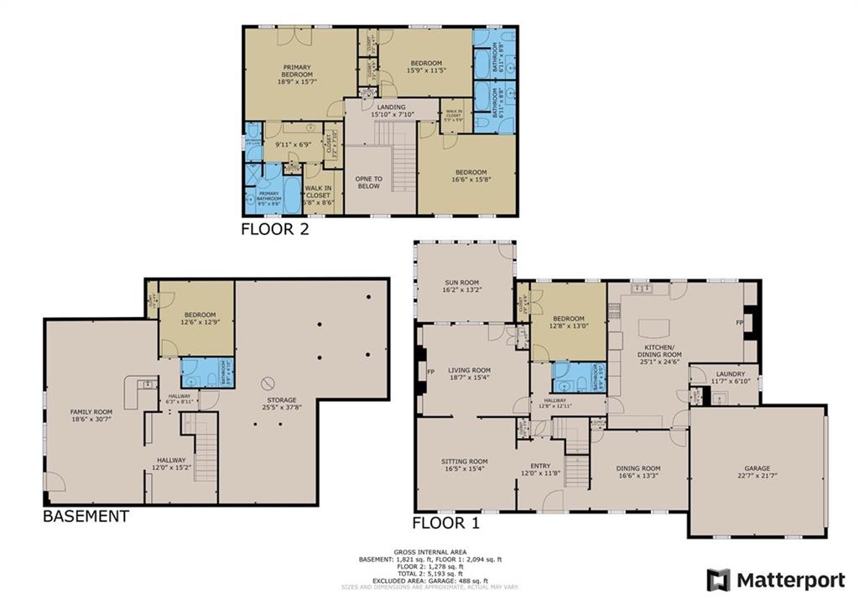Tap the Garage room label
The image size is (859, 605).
coord(757,468)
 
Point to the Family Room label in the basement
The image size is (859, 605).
coord(91,412)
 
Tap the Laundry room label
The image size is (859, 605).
coord(729,375)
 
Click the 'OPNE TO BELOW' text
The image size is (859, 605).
coord(368,181)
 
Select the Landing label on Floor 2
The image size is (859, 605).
coord(391,107)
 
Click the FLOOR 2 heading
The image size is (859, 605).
coord(275,228)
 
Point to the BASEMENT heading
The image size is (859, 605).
coord(86,516)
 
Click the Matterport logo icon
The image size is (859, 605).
coord(718,580)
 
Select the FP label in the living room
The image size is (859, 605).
coord(431,372)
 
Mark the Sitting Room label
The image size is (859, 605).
coord(465,462)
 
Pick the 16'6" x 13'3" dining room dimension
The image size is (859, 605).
coord(639,476)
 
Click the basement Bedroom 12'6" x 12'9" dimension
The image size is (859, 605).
coord(200,321)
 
